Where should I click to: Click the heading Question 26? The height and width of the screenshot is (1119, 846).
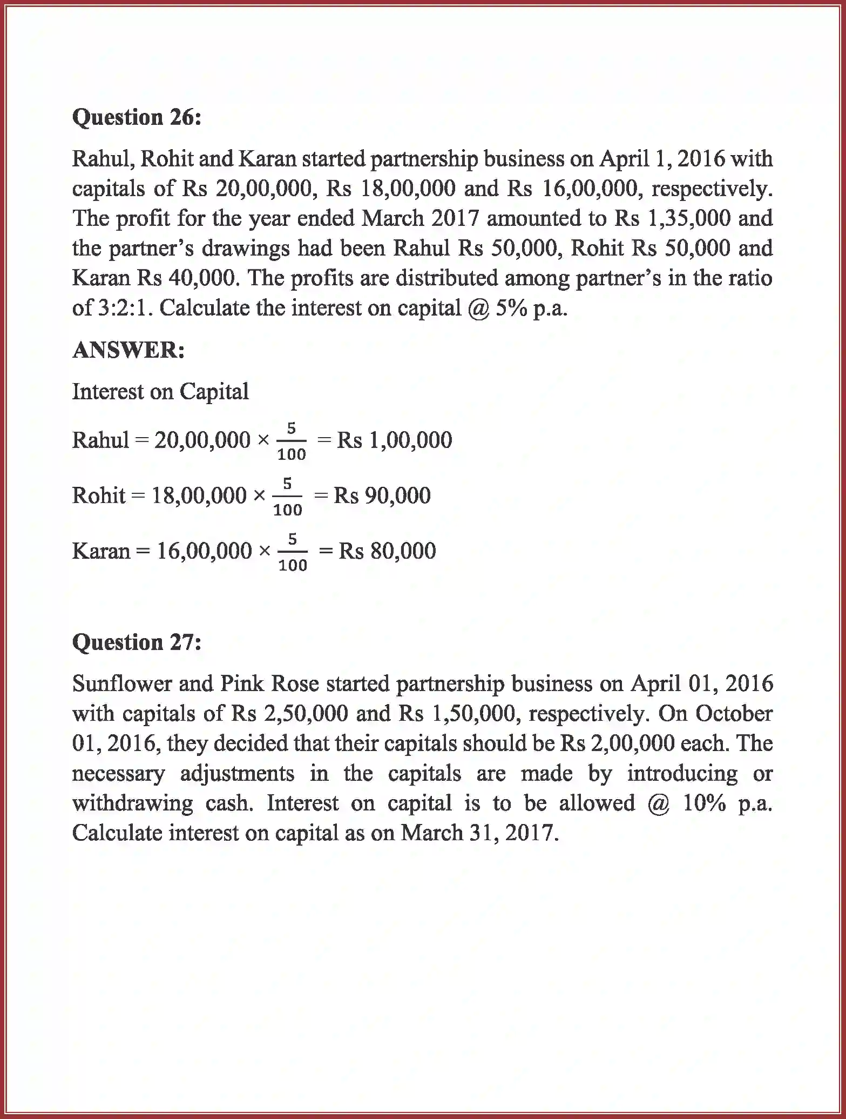coord(137,117)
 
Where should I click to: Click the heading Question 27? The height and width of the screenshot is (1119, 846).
coord(137,642)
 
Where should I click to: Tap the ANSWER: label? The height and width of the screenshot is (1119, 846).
coord(128,350)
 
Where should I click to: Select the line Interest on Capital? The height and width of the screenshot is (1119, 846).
coord(160,391)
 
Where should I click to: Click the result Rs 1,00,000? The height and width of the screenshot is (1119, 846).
coord(394,440)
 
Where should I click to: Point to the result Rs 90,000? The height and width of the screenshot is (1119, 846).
coord(382,495)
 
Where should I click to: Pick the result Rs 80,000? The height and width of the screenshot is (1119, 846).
coord(387,551)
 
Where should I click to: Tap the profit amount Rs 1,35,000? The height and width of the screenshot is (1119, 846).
coord(672,218)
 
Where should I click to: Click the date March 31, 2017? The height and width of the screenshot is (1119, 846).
coord(479,833)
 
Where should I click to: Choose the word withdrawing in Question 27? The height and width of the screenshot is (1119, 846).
coord(132,803)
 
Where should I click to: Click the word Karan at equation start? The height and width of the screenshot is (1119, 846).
coord(101,551)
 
